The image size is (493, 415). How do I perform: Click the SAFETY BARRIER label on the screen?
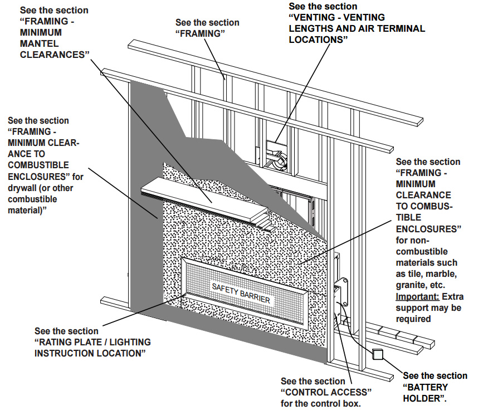[x=241, y=294]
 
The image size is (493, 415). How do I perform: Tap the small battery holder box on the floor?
[x=378, y=354]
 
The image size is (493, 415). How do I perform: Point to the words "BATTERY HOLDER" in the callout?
[x=425, y=393]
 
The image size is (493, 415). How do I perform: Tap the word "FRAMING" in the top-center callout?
[x=207, y=34]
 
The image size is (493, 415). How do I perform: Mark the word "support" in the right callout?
[x=413, y=307]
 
